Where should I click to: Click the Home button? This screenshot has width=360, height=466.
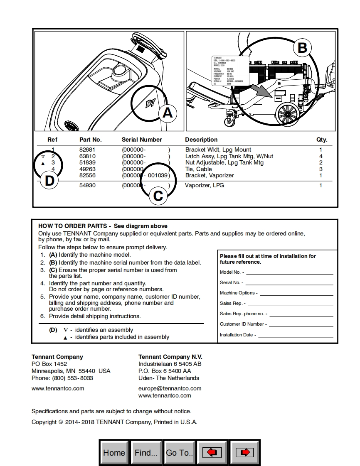pos(114,452)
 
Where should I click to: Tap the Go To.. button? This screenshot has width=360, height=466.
pos(180,452)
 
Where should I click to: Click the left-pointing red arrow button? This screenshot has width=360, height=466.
pos(212,452)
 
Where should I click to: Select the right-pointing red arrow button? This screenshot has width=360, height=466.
pos(245,452)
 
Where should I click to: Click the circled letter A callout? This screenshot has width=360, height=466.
pos(167,113)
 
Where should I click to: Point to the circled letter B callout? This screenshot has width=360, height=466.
pos(302,48)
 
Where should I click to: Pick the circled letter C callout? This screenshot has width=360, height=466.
pos(158,195)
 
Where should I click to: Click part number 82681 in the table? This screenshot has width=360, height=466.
pos(87,150)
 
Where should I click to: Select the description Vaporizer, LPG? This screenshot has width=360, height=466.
pos(204,185)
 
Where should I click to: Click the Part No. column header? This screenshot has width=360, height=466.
pos(90,140)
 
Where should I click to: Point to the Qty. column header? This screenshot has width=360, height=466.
pos(321,140)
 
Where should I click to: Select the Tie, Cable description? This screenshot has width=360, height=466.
pos(198,169)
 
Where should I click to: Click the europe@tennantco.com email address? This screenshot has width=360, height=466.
pos(170,388)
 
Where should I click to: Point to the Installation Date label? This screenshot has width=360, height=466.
pos(237,335)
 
